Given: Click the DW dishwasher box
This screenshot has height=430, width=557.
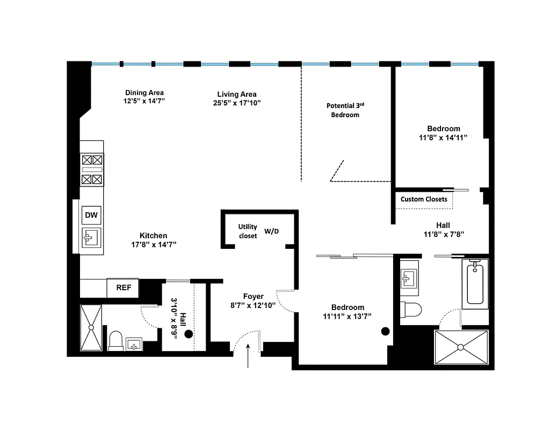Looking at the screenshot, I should (92, 216).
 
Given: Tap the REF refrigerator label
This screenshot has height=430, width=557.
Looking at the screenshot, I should (124, 288).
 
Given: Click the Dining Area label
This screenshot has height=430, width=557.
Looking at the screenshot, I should (144, 92).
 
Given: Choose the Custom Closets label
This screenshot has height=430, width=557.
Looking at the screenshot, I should (424, 199).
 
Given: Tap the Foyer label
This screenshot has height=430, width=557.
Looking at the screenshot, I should (253, 296).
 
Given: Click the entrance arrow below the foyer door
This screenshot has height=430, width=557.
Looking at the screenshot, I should (248, 357).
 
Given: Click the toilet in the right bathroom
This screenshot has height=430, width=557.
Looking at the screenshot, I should (412, 310).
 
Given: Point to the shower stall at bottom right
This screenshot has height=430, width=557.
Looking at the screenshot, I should (461, 347).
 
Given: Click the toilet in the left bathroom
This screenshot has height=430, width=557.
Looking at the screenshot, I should (115, 340).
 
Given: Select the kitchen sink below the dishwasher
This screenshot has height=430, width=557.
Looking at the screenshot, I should (92, 236).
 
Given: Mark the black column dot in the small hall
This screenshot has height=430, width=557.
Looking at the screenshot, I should (189, 334).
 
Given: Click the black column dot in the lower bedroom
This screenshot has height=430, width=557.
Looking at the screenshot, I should (385, 331).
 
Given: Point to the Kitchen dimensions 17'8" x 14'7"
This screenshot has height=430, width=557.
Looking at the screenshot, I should (154, 245).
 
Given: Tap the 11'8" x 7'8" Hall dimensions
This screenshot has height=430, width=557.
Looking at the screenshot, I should (443, 234).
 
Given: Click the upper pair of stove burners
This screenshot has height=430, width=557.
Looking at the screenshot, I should (92, 160).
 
